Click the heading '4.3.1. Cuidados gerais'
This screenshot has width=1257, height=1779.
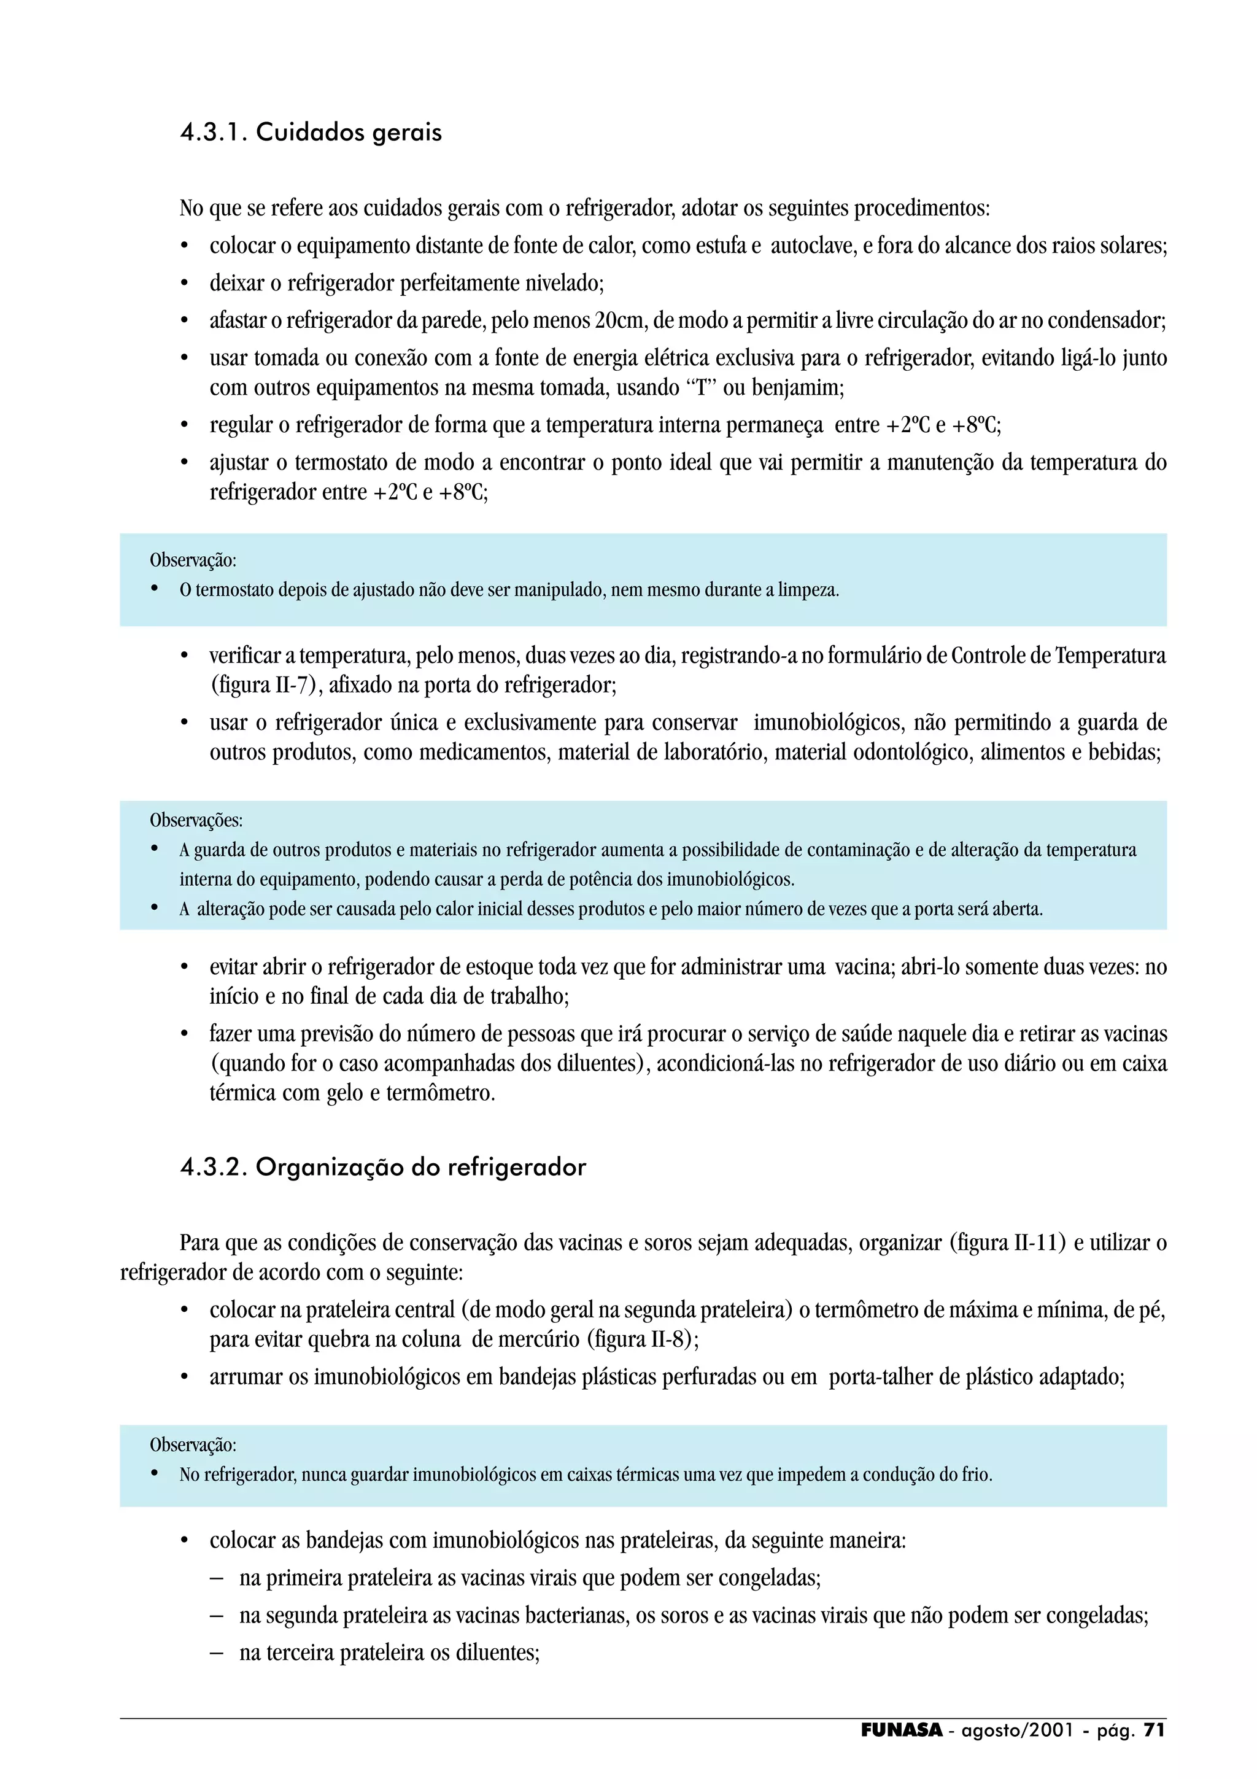click(x=311, y=133)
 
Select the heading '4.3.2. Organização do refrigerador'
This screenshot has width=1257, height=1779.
click(x=382, y=1167)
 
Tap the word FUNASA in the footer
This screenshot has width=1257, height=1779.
click(x=902, y=1730)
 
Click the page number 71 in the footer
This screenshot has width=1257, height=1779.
click(x=1154, y=1730)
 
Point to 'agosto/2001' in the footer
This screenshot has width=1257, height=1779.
click(x=1017, y=1730)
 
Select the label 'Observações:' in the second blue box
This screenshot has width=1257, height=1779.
click(x=196, y=820)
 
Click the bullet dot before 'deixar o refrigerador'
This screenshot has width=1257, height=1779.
click(x=184, y=284)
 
